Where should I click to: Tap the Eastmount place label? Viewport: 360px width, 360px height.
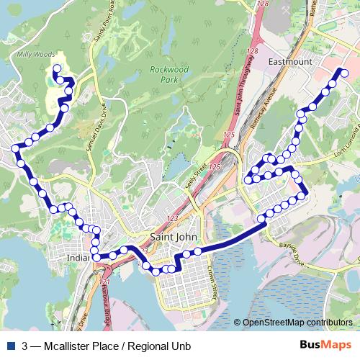tap(289, 63)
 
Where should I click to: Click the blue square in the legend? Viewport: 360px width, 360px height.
tap(11, 346)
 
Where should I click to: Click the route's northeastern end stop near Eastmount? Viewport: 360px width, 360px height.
tap(344, 73)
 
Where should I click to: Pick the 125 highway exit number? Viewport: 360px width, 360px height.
tap(229, 135)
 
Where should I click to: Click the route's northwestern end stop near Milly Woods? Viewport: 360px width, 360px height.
tap(55, 69)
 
